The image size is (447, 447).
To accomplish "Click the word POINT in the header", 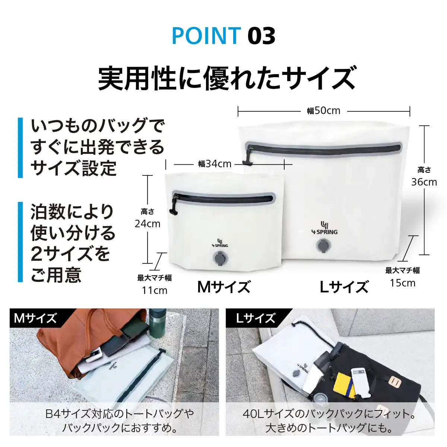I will coord(206,36).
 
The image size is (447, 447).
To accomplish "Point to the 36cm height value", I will coord(424,182).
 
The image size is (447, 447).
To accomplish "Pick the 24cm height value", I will coord(148,224).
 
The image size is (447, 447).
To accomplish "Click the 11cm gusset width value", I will coord(155,290).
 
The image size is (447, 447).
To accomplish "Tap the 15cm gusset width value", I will coord(403,283).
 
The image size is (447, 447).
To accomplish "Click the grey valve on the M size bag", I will coord(220,258).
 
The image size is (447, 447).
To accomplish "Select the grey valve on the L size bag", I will coord(323,245).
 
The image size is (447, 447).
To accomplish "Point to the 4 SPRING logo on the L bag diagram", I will coord(324,228).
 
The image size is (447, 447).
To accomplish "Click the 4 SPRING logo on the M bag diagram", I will coord(219,242).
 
